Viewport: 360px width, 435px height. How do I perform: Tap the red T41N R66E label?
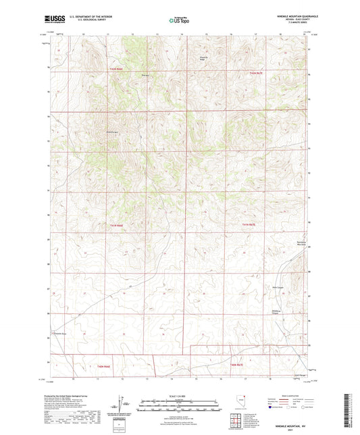[x=117, y=225]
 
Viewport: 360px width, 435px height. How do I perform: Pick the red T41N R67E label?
[x=250, y=225]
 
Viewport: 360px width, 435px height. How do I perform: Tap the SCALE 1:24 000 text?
[x=180, y=396]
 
